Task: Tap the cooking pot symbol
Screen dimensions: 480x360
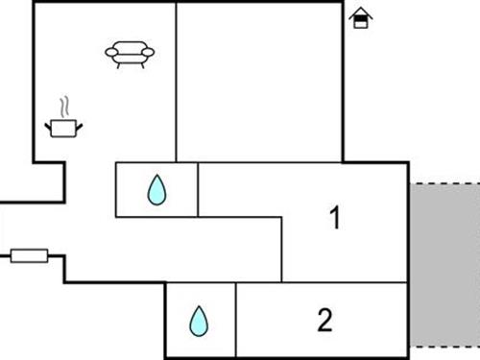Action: click(x=64, y=127)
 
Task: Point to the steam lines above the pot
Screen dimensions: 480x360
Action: click(x=64, y=104)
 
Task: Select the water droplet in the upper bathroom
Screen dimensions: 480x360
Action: click(x=156, y=190)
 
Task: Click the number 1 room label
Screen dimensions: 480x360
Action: click(x=335, y=219)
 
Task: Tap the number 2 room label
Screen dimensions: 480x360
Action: click(x=324, y=319)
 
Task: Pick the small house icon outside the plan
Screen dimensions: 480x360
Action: click(x=360, y=17)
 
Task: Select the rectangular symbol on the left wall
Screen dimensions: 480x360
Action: click(x=29, y=255)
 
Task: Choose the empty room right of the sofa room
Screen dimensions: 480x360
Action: click(x=259, y=82)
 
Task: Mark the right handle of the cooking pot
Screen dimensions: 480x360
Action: click(x=81, y=122)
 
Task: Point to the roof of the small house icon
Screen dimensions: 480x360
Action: click(x=360, y=12)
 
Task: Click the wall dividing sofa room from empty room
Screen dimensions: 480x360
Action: click(x=177, y=82)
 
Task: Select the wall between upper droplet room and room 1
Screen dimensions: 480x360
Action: click(x=198, y=189)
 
